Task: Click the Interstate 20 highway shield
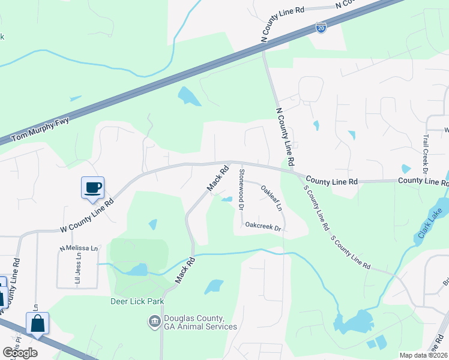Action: pos(321,28)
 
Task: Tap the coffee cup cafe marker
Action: pos(93,188)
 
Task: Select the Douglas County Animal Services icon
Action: pos(154,322)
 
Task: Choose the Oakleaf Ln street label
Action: pos(271,197)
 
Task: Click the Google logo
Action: pos(20,353)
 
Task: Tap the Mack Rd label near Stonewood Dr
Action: pos(218,179)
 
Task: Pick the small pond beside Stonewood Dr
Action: pos(227,200)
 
